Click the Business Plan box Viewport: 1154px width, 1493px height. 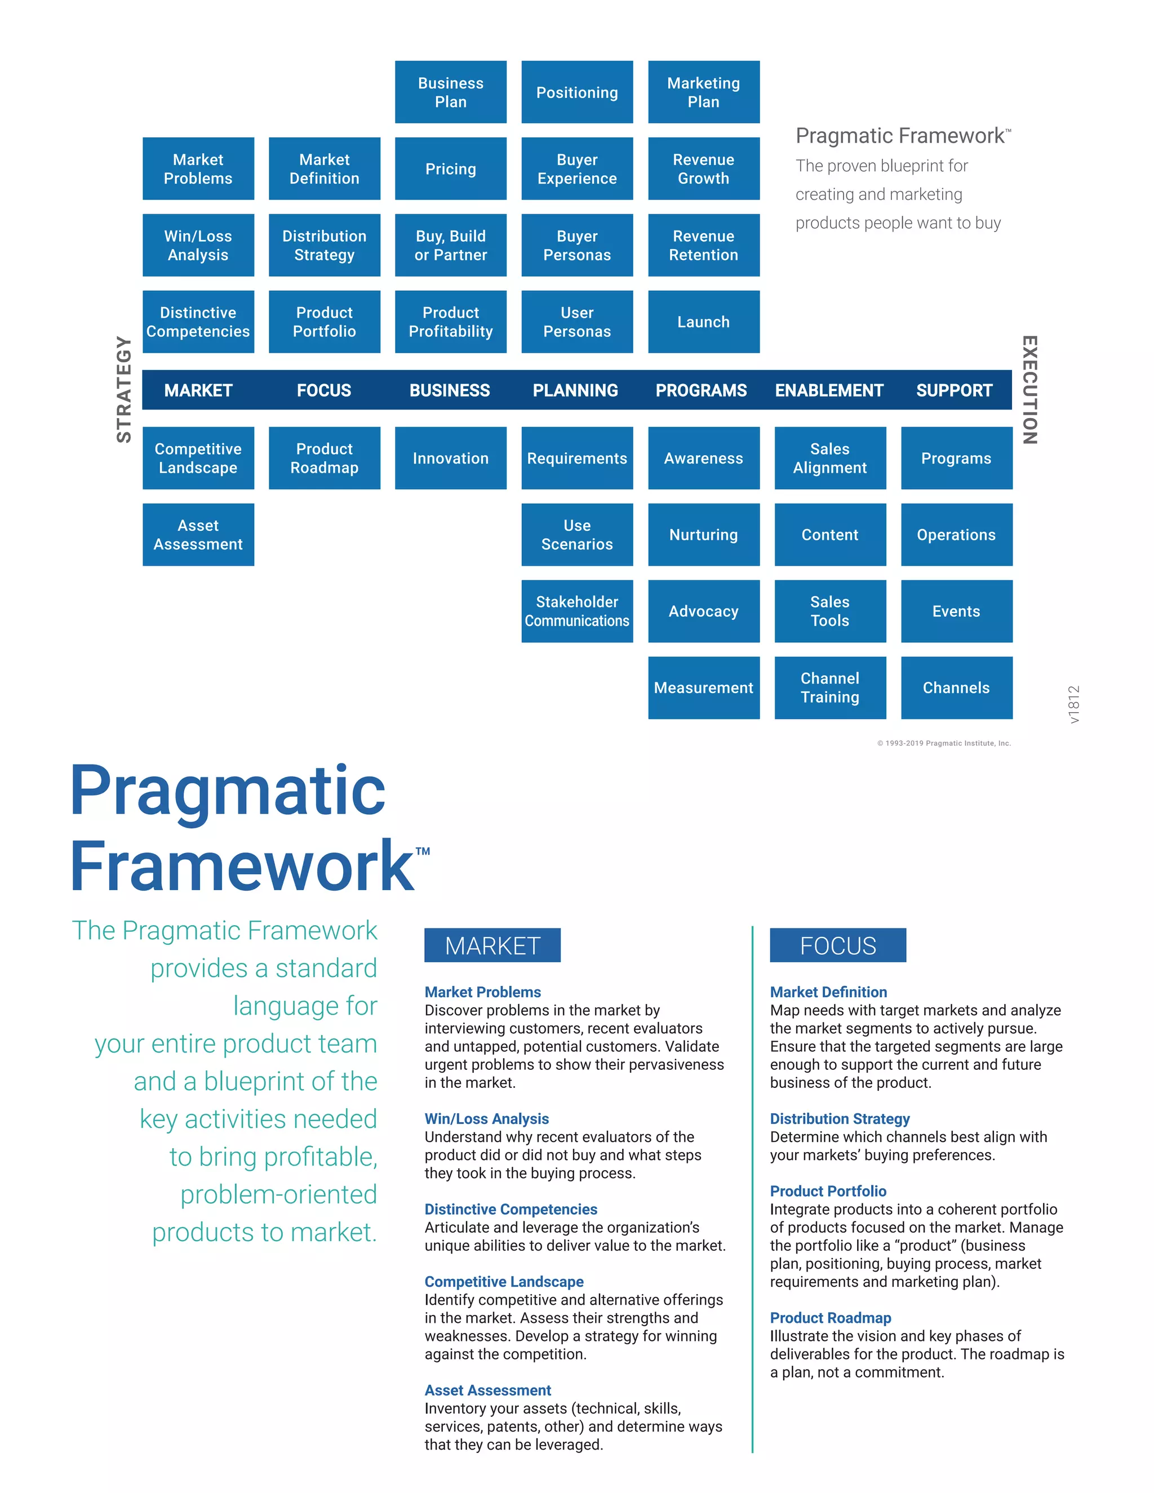click(x=451, y=92)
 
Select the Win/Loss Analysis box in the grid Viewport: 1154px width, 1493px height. click(x=198, y=246)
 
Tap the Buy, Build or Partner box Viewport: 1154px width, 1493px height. click(x=451, y=246)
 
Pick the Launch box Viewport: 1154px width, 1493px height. click(x=703, y=322)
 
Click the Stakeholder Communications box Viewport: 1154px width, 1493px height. click(x=577, y=611)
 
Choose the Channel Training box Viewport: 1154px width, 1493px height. click(x=830, y=688)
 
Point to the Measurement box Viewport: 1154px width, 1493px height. click(x=703, y=688)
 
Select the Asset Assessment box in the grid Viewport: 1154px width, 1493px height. click(x=198, y=535)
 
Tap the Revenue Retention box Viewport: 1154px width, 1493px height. click(x=703, y=246)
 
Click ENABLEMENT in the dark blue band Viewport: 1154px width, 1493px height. click(x=828, y=390)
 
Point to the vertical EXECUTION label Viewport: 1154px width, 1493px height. click(x=1029, y=390)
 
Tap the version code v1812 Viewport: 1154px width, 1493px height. click(x=1073, y=704)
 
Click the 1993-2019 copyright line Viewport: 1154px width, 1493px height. click(x=943, y=743)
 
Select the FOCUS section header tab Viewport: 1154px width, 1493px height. click(x=837, y=945)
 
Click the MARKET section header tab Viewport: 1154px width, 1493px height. click(x=492, y=945)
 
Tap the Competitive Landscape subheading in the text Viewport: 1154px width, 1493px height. click(x=504, y=1282)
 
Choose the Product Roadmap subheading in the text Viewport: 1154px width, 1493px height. click(x=830, y=1318)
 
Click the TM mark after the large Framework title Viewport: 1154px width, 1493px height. click(x=423, y=851)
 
